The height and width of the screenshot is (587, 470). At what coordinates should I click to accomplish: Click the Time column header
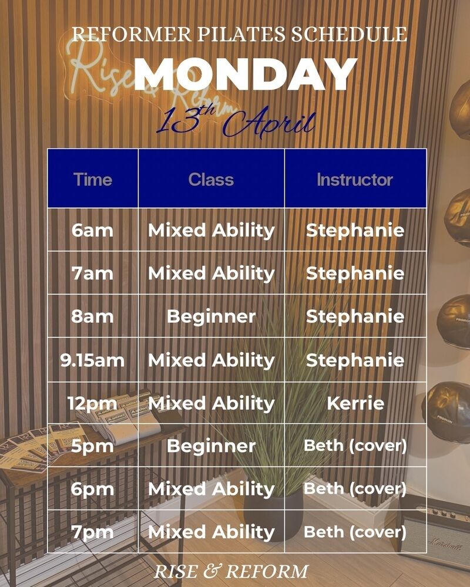[93, 179]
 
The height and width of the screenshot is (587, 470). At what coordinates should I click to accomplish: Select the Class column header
[211, 179]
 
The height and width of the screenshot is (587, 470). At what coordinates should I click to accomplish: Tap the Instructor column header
[355, 179]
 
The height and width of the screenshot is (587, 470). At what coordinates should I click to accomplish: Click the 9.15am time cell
[92, 360]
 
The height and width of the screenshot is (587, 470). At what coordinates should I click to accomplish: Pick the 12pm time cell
[92, 404]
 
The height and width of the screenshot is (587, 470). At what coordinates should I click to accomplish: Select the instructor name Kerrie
[355, 403]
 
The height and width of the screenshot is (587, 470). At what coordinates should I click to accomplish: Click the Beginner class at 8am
[211, 317]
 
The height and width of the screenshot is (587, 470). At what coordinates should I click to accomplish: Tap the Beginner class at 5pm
[211, 446]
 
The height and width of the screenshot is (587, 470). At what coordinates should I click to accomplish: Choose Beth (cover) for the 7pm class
[355, 532]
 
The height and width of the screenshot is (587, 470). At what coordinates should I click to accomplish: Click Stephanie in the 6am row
[355, 231]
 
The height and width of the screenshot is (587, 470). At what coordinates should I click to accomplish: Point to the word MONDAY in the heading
[246, 74]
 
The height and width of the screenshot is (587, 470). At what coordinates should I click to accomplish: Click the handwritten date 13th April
[236, 121]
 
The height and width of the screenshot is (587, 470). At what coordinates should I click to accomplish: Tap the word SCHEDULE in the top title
[350, 34]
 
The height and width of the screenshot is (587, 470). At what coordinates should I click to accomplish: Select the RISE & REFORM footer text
[231, 572]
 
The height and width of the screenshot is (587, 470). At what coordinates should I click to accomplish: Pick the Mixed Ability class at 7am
[211, 274]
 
